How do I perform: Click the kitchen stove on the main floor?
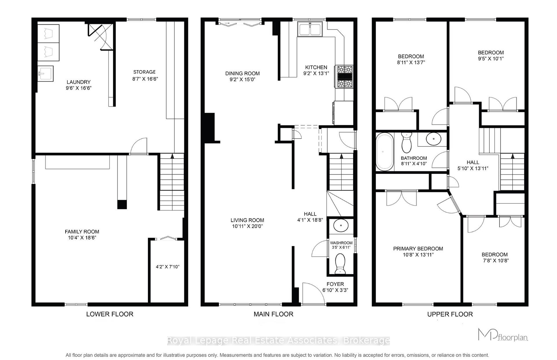point(344,77)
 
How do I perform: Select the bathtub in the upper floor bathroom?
point(384,152)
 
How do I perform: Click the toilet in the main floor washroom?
point(340,263)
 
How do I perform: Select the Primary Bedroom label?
point(418,249)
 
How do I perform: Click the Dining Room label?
point(242,74)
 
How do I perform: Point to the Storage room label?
point(144,72)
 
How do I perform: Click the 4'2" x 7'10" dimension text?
point(167,267)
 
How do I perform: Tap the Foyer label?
point(335,284)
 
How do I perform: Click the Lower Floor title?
point(110,314)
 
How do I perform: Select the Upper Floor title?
point(450,314)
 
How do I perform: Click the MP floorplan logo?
point(502,335)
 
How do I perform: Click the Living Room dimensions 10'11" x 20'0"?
point(247,226)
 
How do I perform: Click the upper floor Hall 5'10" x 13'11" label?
point(473,165)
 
